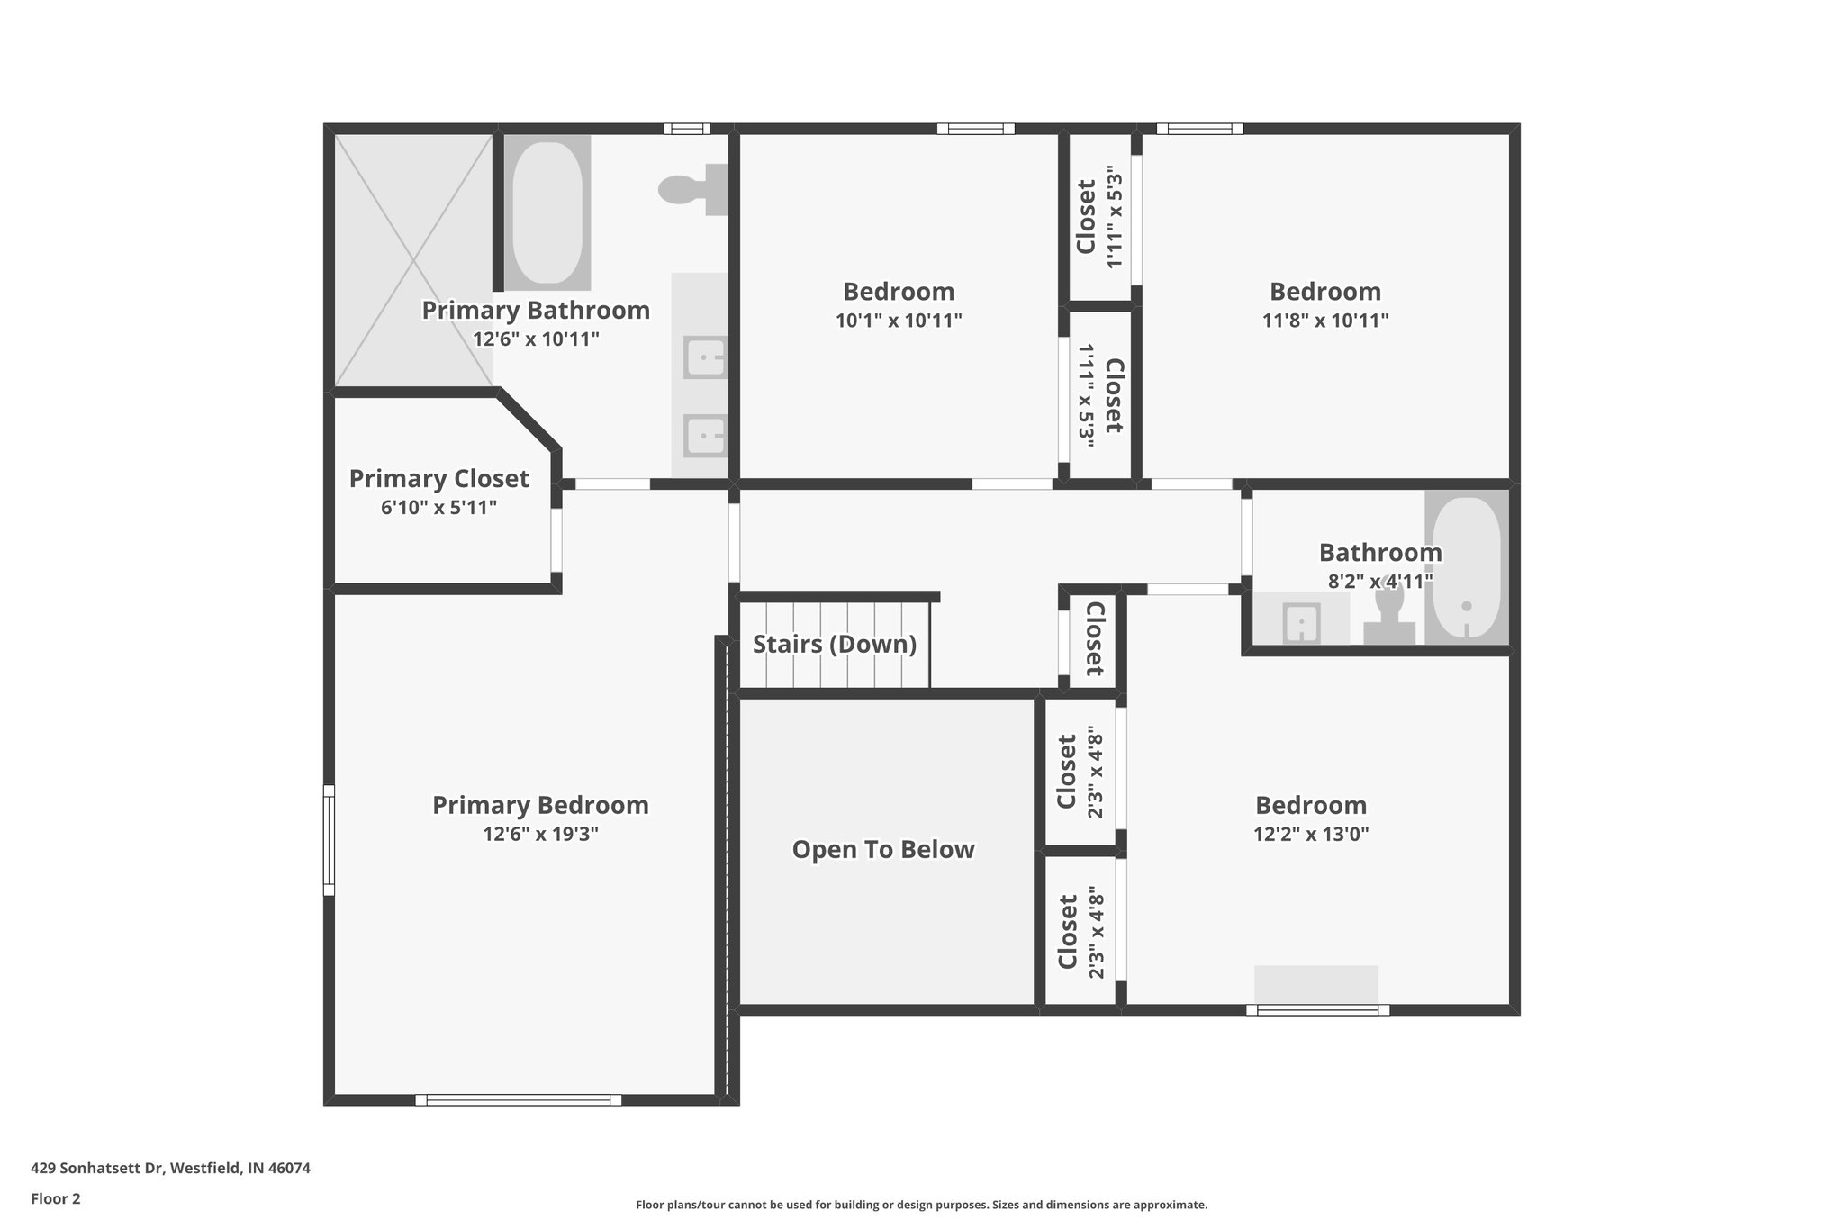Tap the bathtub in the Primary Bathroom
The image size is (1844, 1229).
546,212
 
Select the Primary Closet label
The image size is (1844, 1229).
438,479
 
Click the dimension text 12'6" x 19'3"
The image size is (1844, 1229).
540,834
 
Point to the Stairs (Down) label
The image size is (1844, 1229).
835,645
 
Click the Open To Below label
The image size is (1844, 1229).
883,850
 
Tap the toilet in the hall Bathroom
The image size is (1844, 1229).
1389,613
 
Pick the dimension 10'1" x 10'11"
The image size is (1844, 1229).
899,321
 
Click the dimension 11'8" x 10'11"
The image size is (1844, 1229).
1325,321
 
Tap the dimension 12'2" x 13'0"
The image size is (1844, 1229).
1311,834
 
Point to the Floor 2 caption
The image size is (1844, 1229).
56,1198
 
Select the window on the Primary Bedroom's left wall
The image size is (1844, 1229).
330,840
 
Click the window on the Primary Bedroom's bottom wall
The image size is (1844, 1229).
518,1099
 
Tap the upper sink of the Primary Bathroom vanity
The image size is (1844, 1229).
705,358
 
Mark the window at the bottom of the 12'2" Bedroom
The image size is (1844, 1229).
1317,1010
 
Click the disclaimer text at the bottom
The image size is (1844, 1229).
921,1205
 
